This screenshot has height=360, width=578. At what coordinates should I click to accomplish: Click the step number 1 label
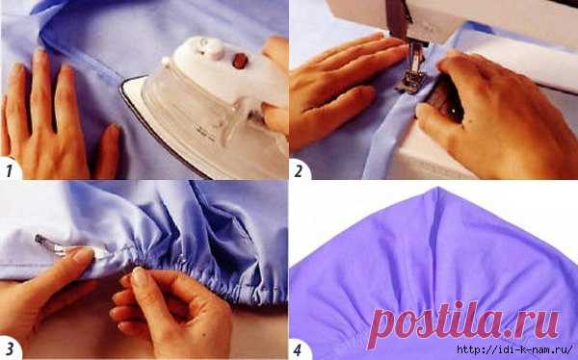click(10, 170)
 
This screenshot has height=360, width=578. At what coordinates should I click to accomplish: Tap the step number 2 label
click(299, 171)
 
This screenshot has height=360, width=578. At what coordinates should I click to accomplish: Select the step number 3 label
click(10, 349)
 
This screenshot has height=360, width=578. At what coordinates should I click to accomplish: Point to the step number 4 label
click(298, 349)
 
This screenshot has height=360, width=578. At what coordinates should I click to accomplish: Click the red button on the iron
click(240, 61)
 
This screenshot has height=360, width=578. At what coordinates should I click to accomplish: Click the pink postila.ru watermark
click(463, 323)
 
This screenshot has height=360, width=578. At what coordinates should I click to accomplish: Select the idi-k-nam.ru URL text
click(515, 349)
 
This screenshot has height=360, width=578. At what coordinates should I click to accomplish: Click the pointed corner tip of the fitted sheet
click(437, 188)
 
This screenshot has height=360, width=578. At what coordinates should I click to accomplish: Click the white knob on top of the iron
click(211, 48)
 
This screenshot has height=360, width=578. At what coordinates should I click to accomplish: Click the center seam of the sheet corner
click(435, 240)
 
